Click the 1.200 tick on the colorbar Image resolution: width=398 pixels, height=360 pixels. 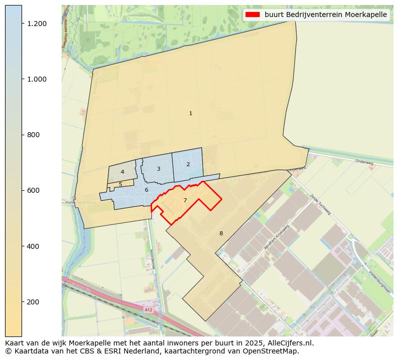pos(37,24)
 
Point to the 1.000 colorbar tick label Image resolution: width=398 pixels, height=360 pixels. pos(37,79)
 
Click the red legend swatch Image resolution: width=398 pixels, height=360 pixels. pos(253,15)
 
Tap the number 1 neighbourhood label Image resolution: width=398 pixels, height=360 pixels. pos(190,114)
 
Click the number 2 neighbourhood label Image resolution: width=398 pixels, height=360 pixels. pos(188,164)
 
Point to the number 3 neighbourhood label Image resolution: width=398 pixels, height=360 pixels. pos(158,169)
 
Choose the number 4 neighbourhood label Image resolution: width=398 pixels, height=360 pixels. pos(122,172)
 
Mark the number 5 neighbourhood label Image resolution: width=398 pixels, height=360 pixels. pos(120,185)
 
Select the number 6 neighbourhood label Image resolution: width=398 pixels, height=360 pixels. pos(146,190)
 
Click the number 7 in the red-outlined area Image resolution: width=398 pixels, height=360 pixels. pos(185,200)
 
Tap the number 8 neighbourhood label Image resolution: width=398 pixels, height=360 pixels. pos(221,233)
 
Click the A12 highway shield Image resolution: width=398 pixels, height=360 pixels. pos(148,310)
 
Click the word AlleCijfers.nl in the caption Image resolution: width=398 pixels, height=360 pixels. pos(292,343)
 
